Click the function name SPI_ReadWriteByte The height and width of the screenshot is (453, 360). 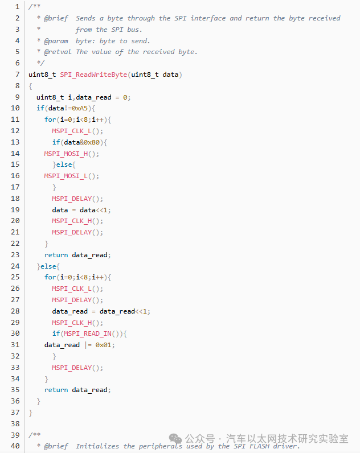(93, 75)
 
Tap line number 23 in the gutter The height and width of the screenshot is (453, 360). (15, 255)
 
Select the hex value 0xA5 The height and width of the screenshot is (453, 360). (80, 108)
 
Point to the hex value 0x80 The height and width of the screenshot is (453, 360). (92, 142)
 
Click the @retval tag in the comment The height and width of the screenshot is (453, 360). (58, 52)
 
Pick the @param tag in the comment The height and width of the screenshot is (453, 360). (56, 41)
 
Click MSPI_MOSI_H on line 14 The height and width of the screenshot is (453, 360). (66, 154)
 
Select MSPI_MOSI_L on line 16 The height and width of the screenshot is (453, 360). (66, 176)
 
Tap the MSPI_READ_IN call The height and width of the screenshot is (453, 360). (88, 333)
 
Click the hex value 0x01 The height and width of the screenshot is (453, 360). (103, 345)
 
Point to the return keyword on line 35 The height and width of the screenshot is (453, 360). (56, 390)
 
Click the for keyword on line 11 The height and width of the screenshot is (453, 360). (50, 120)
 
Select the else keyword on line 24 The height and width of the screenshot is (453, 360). (48, 266)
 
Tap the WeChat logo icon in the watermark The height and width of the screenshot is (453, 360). (175, 439)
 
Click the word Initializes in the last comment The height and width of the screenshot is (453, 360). (97, 446)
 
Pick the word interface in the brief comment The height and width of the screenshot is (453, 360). (208, 18)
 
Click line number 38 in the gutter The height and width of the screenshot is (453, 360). (15, 424)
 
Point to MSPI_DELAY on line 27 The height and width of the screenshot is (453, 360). (72, 300)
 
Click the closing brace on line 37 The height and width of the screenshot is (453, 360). (30, 413)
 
